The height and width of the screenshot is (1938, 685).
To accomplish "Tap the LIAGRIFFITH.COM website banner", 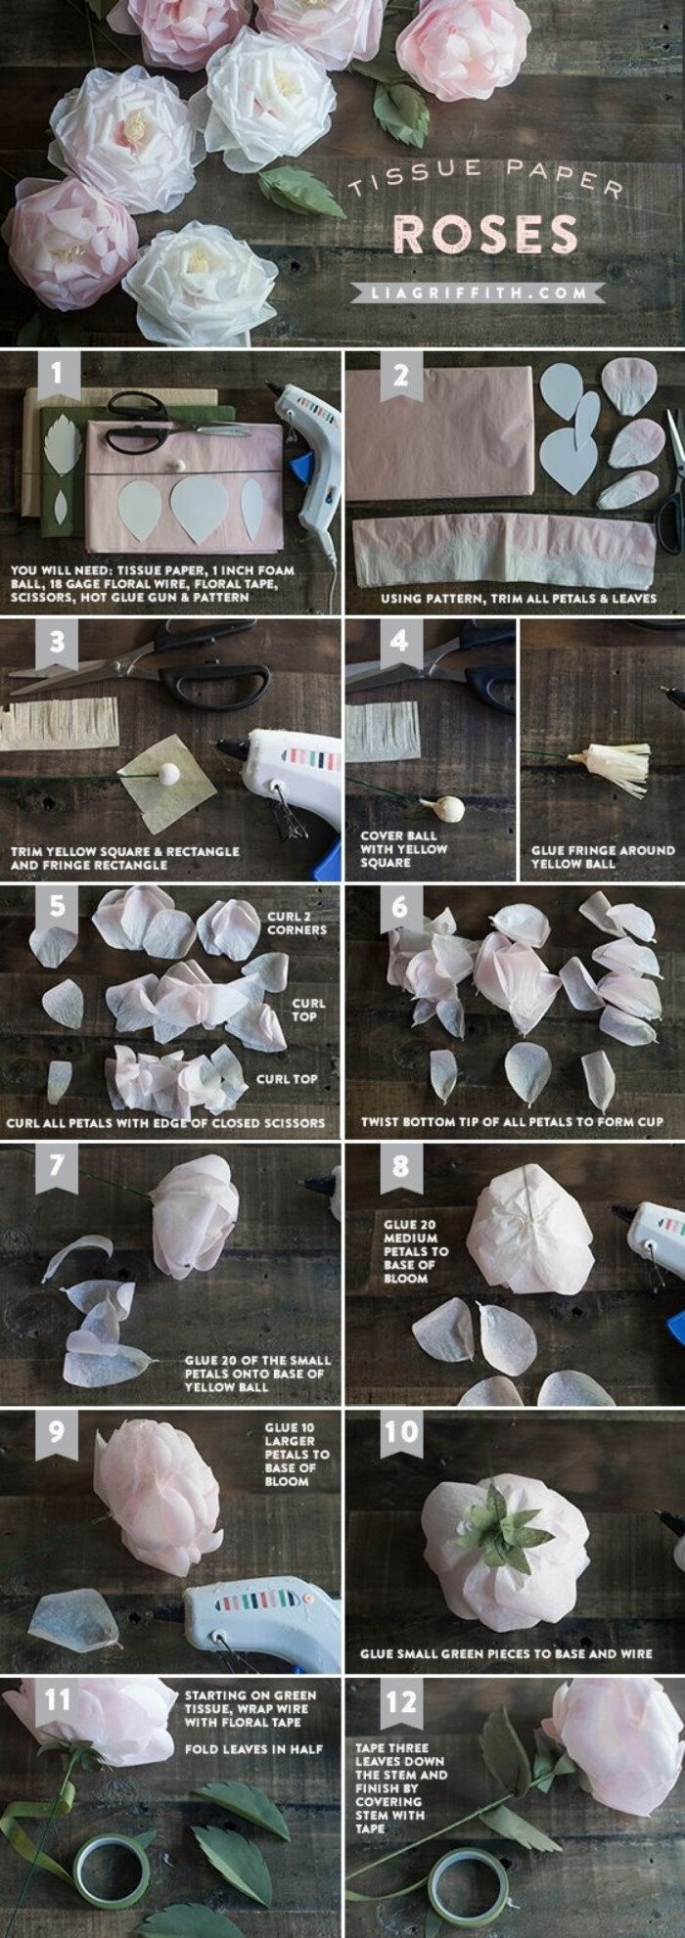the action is pos(479,293).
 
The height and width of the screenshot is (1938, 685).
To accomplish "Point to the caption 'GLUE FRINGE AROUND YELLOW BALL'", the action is pos(603,857).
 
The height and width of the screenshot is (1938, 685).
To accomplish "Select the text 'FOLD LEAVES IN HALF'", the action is pos(253,1748).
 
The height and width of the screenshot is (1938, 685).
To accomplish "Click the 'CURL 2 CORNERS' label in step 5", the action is pos(297,924).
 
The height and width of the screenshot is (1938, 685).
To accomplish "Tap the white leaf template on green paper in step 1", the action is pos(64,442).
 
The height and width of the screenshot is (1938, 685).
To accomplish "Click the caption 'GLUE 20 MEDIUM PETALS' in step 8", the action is pos(416,1251).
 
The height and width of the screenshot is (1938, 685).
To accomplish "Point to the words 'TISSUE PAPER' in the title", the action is pos(484,180).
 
